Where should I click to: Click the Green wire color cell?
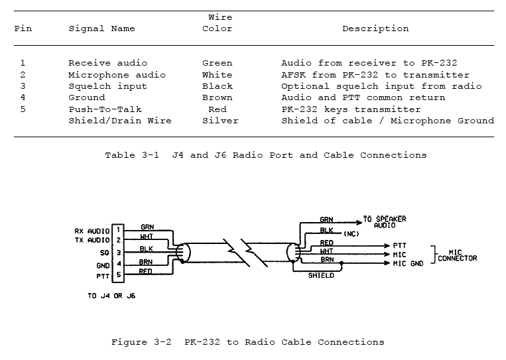click(x=217, y=64)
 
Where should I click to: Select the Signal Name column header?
click(x=101, y=29)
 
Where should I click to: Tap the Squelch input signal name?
click(x=107, y=86)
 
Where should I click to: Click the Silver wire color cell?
click(x=220, y=121)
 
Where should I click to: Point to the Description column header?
click(x=375, y=29)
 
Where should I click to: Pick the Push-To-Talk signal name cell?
click(x=105, y=109)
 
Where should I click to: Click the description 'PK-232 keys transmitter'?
click(x=351, y=109)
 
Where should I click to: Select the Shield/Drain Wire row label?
click(x=119, y=121)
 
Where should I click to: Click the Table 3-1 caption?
click(x=265, y=155)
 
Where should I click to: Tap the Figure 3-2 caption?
click(x=247, y=343)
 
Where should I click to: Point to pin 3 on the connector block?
click(x=118, y=253)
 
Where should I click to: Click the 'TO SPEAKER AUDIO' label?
click(x=384, y=222)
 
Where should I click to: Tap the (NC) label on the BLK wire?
click(x=352, y=233)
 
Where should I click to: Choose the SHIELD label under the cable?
click(x=321, y=275)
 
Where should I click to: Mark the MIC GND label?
click(x=409, y=264)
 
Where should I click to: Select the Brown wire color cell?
click(x=217, y=98)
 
